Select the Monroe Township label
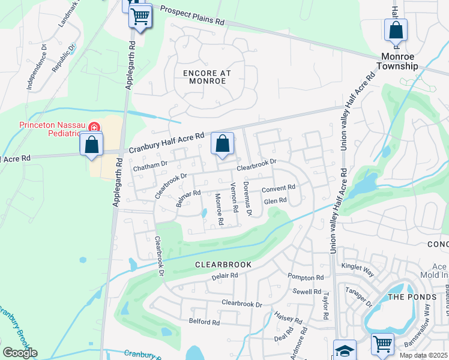(408, 61)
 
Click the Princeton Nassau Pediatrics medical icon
(94, 127)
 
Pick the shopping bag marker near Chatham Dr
(222, 144)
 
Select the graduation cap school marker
(345, 350)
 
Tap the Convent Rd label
(279, 188)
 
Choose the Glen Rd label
(275, 201)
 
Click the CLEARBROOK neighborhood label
(223, 264)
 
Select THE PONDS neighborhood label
(406, 297)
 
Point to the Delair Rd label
(225, 276)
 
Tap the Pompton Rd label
(306, 277)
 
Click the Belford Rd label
(204, 322)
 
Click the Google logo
(20, 353)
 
